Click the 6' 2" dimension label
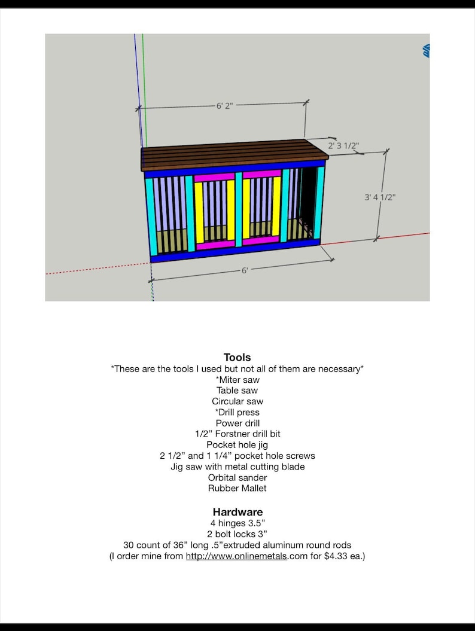tap(224, 106)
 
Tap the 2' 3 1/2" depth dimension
tap(343, 145)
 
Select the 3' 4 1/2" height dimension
tap(380, 197)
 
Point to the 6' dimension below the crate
tap(245, 270)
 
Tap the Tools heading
tap(237, 358)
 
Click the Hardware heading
tap(237, 512)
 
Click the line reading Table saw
tap(237, 391)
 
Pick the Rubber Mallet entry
tap(237, 488)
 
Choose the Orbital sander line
tap(237, 477)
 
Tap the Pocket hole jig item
tap(237, 444)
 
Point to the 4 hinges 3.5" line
tap(237, 523)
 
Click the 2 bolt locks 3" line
tap(237, 534)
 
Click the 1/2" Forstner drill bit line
tap(237, 434)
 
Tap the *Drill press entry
tap(237, 412)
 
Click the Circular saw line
tap(237, 401)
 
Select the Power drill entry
tap(237, 423)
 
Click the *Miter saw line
tap(237, 379)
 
